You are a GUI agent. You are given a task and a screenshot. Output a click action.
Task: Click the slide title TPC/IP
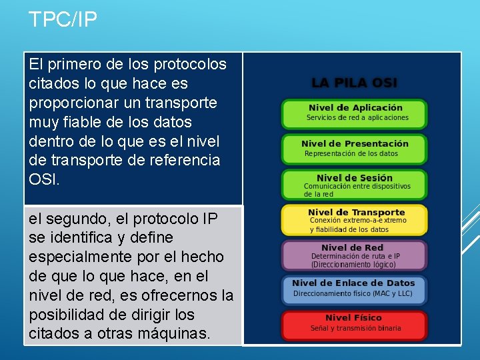pyautogui.click(x=63, y=19)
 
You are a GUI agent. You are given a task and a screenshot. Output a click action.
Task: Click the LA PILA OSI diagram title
pyautogui.click(x=354, y=83)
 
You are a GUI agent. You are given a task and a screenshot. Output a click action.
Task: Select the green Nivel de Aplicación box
pyautogui.click(x=355, y=113)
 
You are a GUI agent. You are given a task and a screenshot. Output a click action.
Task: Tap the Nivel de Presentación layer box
pyautogui.click(x=355, y=149)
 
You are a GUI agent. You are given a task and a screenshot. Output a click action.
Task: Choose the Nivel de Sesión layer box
pyautogui.click(x=355, y=185)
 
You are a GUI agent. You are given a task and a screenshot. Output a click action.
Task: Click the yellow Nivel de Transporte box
pyautogui.click(x=355, y=221)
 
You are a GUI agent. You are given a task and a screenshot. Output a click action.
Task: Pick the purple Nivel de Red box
pyautogui.click(x=355, y=256)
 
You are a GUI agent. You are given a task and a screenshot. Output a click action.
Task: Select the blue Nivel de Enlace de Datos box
pyautogui.click(x=355, y=289)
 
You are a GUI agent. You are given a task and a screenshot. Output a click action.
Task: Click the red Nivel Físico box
pyautogui.click(x=355, y=324)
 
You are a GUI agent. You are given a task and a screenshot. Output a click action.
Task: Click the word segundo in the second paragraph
pyautogui.click(x=71, y=219)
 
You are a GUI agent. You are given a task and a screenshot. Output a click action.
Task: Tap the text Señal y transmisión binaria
pyautogui.click(x=355, y=328)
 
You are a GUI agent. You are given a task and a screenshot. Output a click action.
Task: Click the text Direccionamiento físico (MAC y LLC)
pyautogui.click(x=353, y=293)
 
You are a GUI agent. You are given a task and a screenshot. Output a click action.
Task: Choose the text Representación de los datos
pyautogui.click(x=351, y=153)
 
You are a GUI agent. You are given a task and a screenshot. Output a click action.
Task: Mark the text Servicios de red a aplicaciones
pyautogui.click(x=357, y=118)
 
